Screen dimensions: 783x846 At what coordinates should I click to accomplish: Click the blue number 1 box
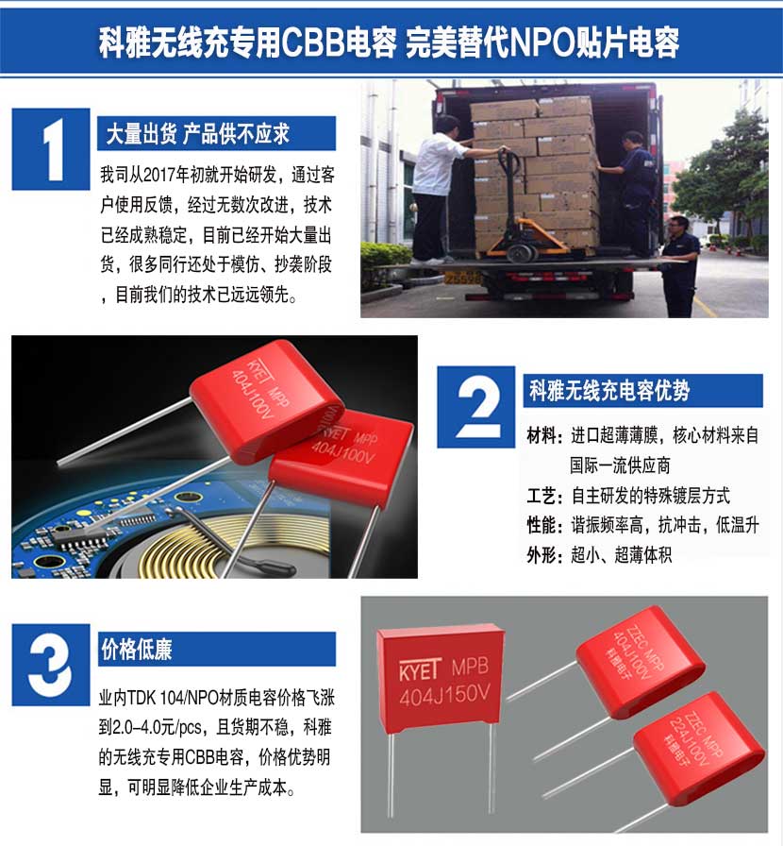51,149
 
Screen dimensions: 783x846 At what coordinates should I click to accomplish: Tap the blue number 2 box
475,407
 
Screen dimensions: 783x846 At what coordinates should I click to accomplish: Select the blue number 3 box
51,665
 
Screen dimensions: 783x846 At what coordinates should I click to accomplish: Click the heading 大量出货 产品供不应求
198,134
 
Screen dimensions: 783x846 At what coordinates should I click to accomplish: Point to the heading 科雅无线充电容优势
609,391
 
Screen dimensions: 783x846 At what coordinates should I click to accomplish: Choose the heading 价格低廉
137,649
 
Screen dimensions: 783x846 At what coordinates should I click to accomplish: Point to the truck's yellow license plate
462,278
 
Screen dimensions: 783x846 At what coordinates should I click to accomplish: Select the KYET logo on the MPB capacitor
421,669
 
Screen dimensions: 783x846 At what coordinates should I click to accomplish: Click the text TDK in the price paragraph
142,698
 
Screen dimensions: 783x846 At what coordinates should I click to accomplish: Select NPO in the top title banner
542,42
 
